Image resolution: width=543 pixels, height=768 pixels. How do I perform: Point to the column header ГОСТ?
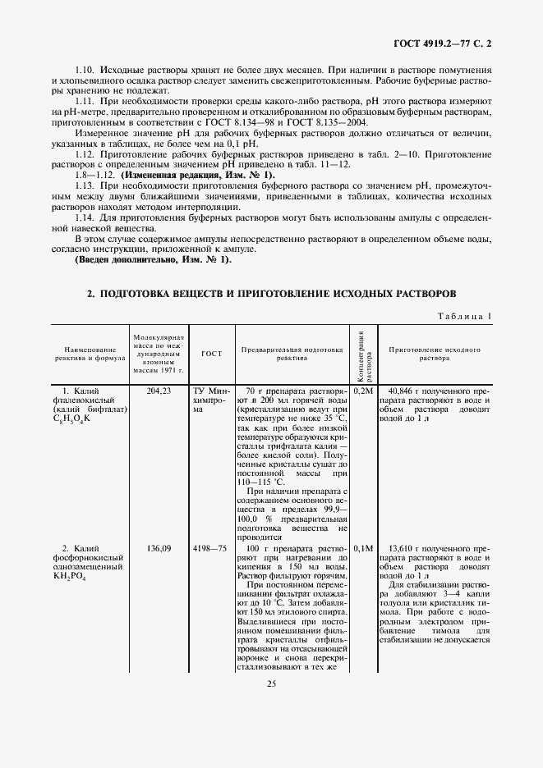tap(211, 354)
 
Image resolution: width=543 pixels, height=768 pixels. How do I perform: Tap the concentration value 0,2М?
tap(363, 391)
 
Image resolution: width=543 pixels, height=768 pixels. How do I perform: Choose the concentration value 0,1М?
tap(363, 547)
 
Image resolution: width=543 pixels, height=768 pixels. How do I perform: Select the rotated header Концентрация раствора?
tap(363, 353)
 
